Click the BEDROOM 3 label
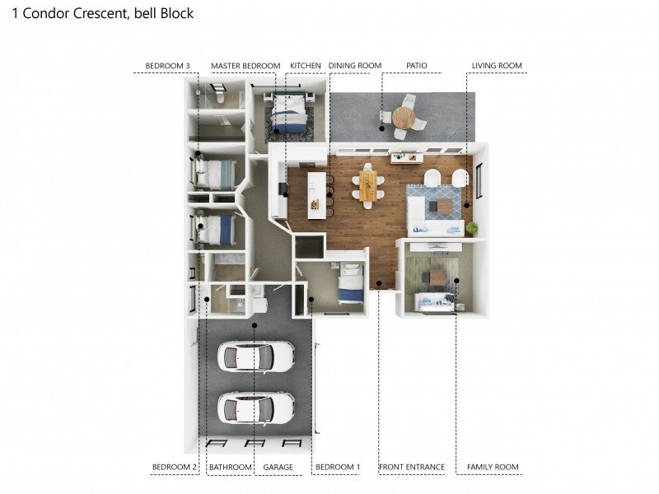click(x=167, y=66)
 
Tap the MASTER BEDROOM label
click(x=245, y=66)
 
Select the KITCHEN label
click(x=305, y=66)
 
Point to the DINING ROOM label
click(x=355, y=66)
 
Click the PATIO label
click(x=417, y=66)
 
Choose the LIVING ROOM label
click(x=497, y=66)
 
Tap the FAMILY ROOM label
click(x=493, y=467)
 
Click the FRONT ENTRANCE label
click(x=412, y=467)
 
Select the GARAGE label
click(x=278, y=467)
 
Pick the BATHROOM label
click(x=231, y=467)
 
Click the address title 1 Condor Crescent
click(x=70, y=13)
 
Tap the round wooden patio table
click(x=404, y=118)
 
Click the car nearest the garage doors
click(x=255, y=408)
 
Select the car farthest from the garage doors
click(x=255, y=357)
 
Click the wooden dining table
click(x=368, y=186)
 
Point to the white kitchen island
click(x=317, y=195)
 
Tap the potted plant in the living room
click(x=472, y=228)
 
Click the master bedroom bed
click(x=288, y=113)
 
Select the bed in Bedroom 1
click(x=351, y=282)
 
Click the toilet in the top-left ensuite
click(x=220, y=97)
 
